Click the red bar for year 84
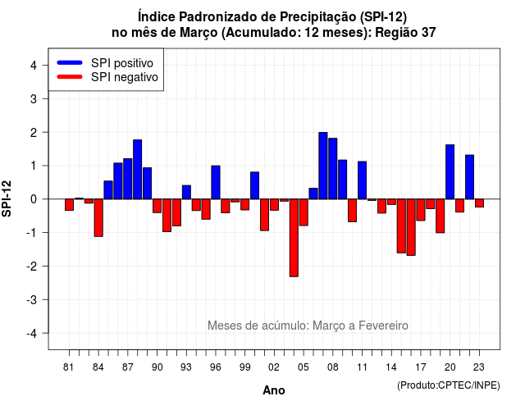98,217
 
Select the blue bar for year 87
128,179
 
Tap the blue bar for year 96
216,182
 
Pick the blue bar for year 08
333,168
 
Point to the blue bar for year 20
450,171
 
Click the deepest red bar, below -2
294,238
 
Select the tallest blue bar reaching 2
323,166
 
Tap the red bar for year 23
479,203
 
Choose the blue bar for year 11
363,180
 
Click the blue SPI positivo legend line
70,62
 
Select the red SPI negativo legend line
70,76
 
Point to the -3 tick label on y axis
33,299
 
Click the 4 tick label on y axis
34,66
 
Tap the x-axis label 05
304,367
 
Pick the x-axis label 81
68,367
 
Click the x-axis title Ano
274,390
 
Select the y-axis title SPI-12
7,198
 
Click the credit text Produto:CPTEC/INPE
449,385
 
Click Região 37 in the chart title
405,33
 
